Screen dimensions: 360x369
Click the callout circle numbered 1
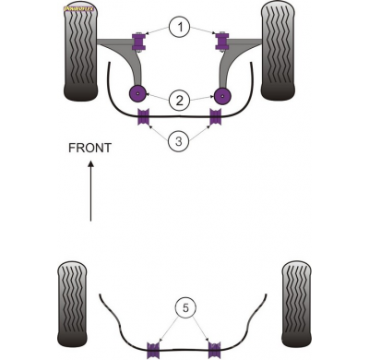coord(181,28)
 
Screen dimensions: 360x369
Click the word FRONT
coord(90,148)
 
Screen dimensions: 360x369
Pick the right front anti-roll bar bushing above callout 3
coord(217,116)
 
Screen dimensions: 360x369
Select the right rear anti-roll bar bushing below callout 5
coord(213,349)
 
